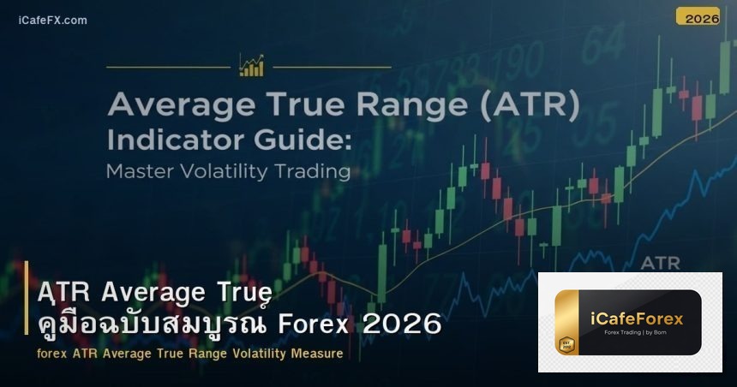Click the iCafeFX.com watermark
pos(52,20)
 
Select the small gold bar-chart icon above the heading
pos(252,65)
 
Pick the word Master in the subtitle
pos(140,171)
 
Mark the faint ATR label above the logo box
pos(660,261)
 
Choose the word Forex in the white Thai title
pos(312,325)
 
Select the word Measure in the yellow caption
pos(315,353)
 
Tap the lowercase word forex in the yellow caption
pos(52,353)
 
